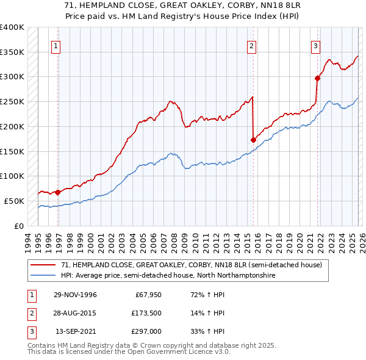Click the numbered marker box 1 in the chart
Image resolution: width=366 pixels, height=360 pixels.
click(56, 45)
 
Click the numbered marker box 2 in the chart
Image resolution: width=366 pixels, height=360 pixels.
click(251, 45)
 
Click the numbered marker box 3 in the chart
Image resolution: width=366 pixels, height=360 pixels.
click(315, 45)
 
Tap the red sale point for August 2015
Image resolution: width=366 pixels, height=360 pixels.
click(253, 140)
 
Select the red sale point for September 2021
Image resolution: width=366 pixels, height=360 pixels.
click(317, 78)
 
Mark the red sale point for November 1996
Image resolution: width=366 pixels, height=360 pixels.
click(57, 192)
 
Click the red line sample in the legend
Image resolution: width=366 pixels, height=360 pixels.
click(43, 265)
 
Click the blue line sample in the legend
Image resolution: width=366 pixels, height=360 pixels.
click(43, 276)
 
